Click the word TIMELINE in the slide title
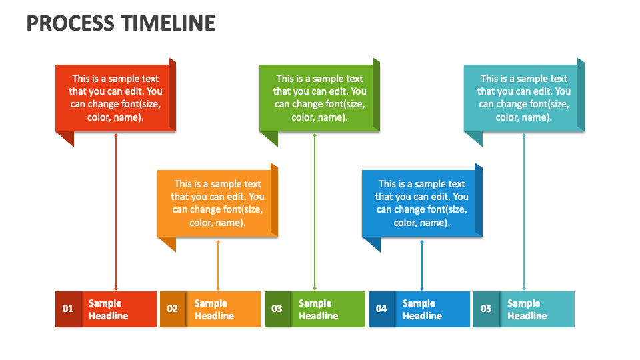pos(168,23)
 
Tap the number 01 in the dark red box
pos(68,309)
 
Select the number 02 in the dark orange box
pos(173,309)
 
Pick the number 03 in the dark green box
pos(277,309)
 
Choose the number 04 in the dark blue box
pos(381,309)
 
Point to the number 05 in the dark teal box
pos(486,309)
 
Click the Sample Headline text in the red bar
pos(108,309)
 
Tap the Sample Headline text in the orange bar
pos(213,309)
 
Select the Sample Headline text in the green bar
pos(318,309)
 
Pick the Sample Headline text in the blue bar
pos(422,309)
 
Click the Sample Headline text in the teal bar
pos(527,309)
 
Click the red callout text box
pos(115,98)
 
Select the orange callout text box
pos(217,203)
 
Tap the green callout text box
pos(319,98)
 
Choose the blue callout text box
pos(421,203)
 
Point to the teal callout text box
pos(523,98)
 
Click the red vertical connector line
pos(116,213)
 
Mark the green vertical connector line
pos(315,213)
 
